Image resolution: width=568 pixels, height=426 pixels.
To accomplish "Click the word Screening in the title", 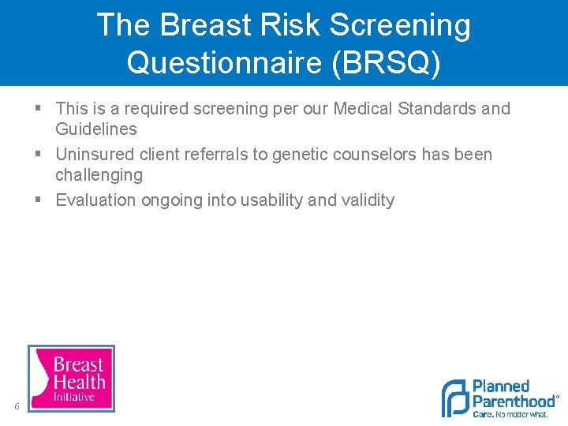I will click(400, 26).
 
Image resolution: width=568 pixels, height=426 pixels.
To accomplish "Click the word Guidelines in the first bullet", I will click(95, 129).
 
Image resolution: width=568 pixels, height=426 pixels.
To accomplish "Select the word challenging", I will click(99, 175).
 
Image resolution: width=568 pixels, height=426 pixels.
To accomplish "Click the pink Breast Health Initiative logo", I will click(71, 378).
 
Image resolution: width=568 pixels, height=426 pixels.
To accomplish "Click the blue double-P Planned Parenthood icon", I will click(454, 398).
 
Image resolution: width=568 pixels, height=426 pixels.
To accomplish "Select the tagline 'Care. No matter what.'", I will click(510, 414).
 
